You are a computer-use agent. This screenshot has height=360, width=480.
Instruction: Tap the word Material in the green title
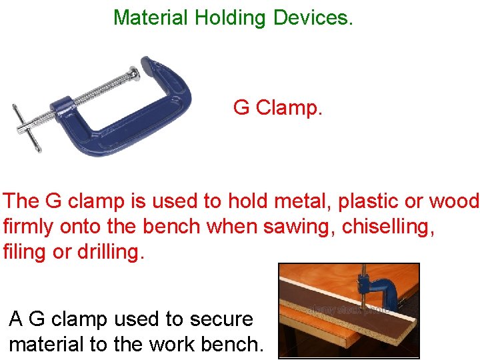(151, 17)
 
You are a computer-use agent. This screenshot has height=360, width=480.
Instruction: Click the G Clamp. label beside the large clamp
(278, 107)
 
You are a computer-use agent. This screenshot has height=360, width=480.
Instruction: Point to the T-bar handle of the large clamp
(27, 127)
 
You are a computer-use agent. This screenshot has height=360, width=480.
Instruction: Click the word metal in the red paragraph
(257, 201)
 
